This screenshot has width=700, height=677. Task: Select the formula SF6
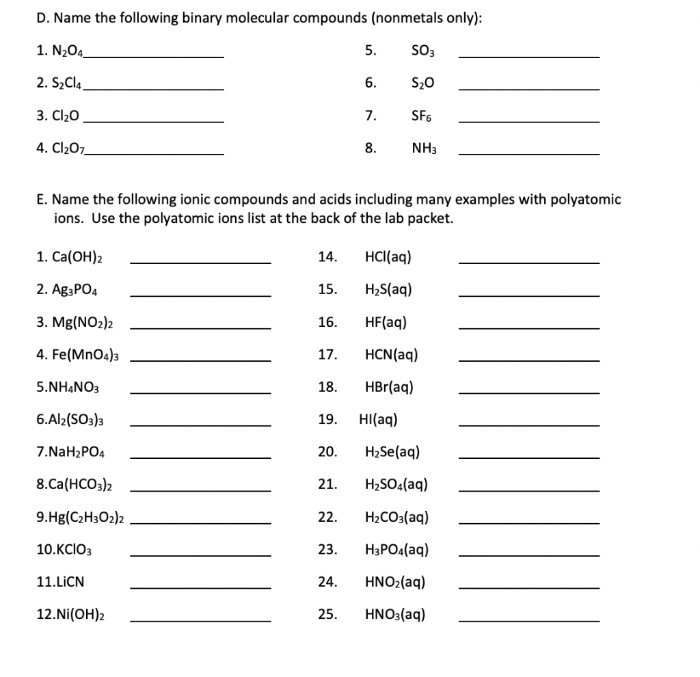point(421,116)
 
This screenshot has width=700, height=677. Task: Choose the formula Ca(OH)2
point(73,258)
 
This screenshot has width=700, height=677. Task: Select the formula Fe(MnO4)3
point(79,355)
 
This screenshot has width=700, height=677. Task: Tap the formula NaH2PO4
point(70,452)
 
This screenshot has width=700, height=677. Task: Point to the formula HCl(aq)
point(389,257)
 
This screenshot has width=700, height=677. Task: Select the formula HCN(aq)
point(392,355)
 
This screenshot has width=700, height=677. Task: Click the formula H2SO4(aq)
point(397,485)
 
